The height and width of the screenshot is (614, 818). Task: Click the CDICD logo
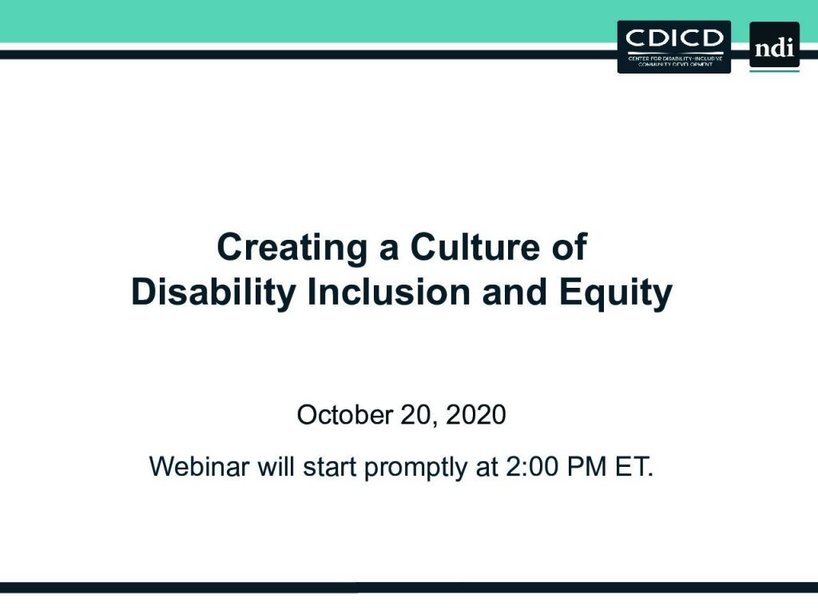(674, 47)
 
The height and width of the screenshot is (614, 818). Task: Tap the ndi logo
(774, 45)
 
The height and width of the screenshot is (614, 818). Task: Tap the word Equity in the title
(616, 293)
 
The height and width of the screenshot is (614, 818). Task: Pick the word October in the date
(345, 415)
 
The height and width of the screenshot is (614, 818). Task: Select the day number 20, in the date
(419, 415)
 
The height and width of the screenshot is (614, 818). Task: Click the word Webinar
(199, 466)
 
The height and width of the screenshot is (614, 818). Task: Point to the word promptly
(415, 467)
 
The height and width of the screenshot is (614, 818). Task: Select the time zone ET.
(633, 466)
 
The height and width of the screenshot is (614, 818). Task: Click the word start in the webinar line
(330, 466)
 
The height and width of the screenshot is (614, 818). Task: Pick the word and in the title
(514, 292)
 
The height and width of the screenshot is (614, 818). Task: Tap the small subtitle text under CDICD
(675, 61)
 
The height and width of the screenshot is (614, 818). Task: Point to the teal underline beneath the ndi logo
(774, 70)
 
